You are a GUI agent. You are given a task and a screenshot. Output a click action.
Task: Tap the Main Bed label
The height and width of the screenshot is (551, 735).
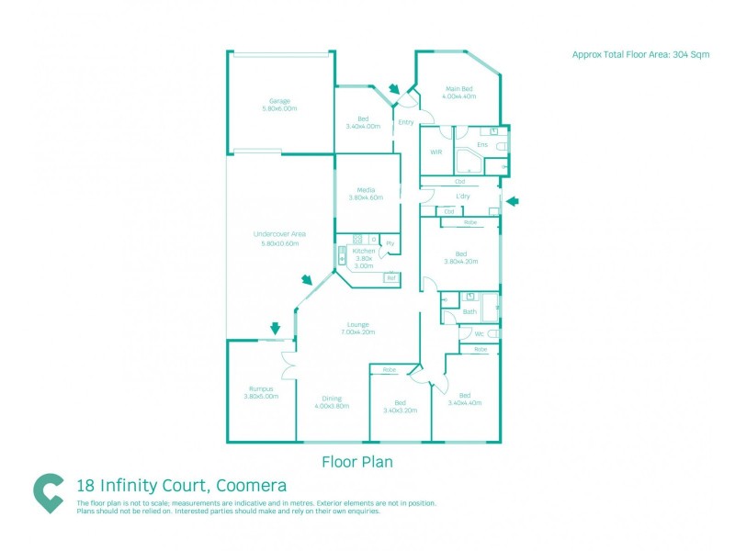(x=459, y=91)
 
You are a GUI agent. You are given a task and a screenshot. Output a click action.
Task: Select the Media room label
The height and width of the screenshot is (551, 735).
(x=366, y=194)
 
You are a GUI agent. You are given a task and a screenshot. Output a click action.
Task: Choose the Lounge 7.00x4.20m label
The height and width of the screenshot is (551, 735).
(x=357, y=327)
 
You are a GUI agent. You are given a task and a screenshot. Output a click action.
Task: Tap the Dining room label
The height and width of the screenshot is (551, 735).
(x=332, y=401)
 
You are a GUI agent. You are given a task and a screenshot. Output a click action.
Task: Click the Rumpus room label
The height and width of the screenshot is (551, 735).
(x=260, y=391)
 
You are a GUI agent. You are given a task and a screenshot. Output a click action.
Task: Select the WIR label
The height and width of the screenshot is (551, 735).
(x=436, y=152)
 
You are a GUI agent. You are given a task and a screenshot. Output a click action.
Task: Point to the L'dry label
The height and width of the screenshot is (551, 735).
(x=463, y=197)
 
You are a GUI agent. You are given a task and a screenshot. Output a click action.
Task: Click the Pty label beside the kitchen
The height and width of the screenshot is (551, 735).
(x=390, y=243)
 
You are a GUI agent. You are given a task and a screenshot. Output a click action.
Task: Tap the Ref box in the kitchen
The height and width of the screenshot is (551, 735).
(x=390, y=277)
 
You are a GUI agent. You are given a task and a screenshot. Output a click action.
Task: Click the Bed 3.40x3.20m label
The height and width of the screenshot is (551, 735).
(x=400, y=406)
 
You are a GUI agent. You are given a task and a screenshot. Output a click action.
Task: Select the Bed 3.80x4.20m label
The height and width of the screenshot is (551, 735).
(x=460, y=257)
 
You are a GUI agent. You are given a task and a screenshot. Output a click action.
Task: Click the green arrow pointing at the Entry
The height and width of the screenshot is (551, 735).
(x=394, y=89)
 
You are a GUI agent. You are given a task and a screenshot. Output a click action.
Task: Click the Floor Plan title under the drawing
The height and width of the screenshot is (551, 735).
(x=356, y=462)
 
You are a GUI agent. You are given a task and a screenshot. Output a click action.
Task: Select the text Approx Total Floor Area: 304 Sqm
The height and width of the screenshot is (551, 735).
(x=640, y=55)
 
